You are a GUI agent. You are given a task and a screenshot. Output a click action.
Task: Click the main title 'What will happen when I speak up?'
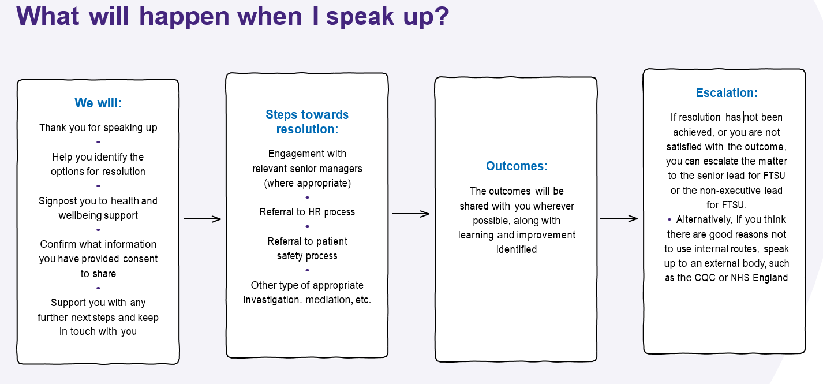coord(233,16)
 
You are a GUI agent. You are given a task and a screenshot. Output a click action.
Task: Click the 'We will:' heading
coord(98,103)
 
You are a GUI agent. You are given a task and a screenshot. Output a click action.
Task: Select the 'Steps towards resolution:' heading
coord(307,122)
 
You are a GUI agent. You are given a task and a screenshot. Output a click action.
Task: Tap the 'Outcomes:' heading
coord(517,166)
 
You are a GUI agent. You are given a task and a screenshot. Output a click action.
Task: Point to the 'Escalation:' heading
coord(726,93)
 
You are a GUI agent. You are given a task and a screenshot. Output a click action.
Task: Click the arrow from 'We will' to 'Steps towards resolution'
coord(202,219)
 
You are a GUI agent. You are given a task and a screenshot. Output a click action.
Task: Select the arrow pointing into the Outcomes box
coord(410,214)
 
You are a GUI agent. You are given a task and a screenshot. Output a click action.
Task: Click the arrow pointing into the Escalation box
coord(619,218)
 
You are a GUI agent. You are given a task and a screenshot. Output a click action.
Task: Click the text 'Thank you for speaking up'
coord(98,128)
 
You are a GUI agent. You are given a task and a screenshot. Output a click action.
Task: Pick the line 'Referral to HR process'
coord(307,212)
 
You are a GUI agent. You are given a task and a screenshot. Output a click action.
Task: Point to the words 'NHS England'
coord(759,278)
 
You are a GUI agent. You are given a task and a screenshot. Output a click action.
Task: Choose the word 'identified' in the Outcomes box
coord(517,250)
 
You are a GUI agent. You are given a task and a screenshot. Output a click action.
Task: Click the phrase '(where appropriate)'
coord(307,184)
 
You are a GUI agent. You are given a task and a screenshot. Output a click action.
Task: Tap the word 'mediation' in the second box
coord(324,300)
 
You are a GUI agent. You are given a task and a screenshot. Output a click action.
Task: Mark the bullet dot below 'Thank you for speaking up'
coord(98,142)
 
